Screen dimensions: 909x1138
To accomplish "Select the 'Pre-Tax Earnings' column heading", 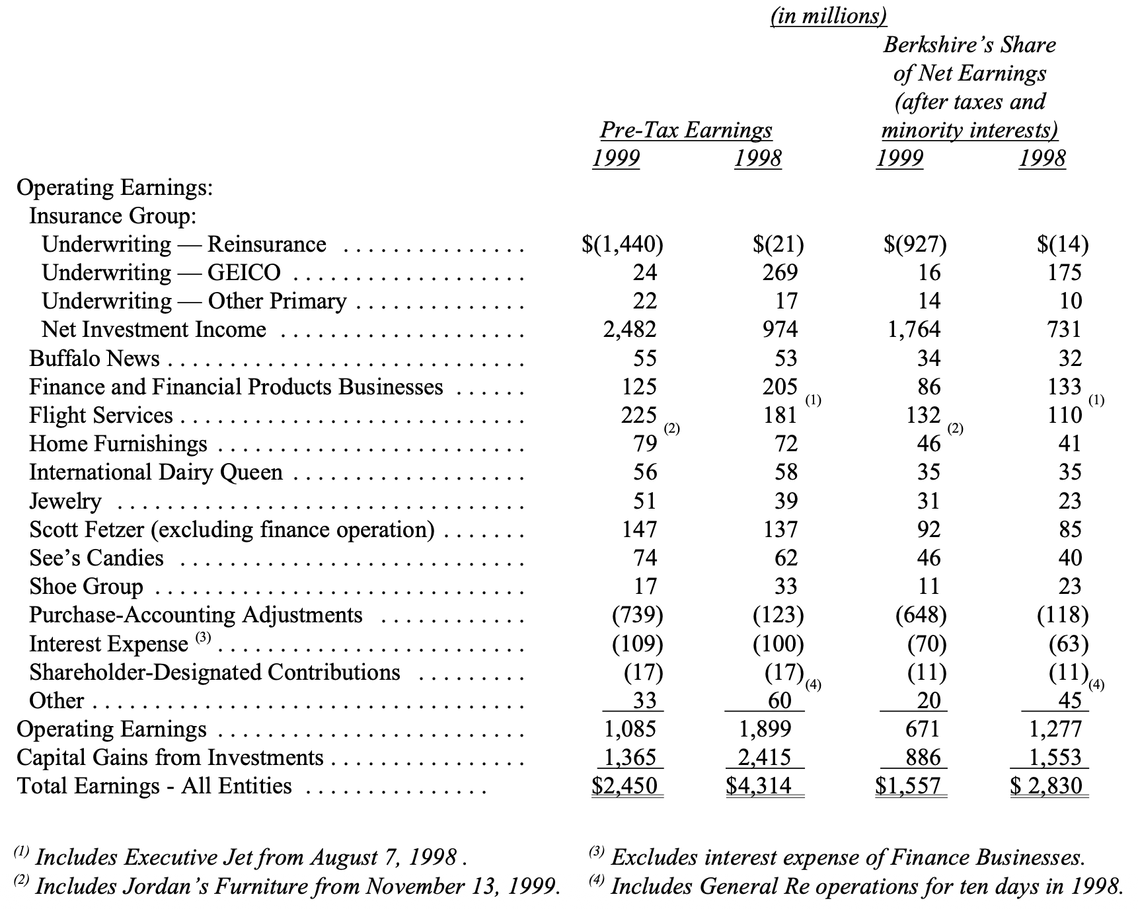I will [x=685, y=130].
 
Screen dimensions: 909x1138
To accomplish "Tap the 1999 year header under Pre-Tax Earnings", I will [x=615, y=159].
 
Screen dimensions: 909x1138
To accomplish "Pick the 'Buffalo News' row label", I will [x=95, y=358].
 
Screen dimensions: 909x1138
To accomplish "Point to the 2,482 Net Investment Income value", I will [x=629, y=329].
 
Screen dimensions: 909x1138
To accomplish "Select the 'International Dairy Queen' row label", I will [x=156, y=472].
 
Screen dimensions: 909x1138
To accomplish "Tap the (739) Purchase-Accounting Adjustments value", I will [x=637, y=615].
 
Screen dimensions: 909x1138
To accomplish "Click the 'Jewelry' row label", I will [x=65, y=501].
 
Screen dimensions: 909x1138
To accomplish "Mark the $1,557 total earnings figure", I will [x=908, y=785].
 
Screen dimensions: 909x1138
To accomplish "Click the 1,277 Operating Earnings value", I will [x=1055, y=729].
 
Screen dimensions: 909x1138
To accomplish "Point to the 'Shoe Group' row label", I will [x=86, y=587].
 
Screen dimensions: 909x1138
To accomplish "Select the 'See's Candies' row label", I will [x=96, y=558].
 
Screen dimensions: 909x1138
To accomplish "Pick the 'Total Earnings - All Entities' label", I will [x=154, y=786].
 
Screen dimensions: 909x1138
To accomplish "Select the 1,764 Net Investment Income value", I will [x=913, y=329].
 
